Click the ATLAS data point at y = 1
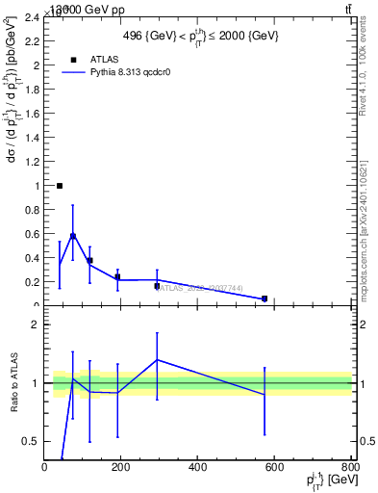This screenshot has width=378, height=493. click(x=60, y=186)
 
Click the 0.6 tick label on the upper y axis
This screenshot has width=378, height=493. click(x=32, y=234)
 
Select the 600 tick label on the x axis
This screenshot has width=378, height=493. click(x=274, y=466)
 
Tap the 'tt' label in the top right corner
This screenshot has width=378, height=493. click(x=347, y=9)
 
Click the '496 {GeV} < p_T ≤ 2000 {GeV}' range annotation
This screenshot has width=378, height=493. click(x=200, y=36)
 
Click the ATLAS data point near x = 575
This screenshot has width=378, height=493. click(x=265, y=298)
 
